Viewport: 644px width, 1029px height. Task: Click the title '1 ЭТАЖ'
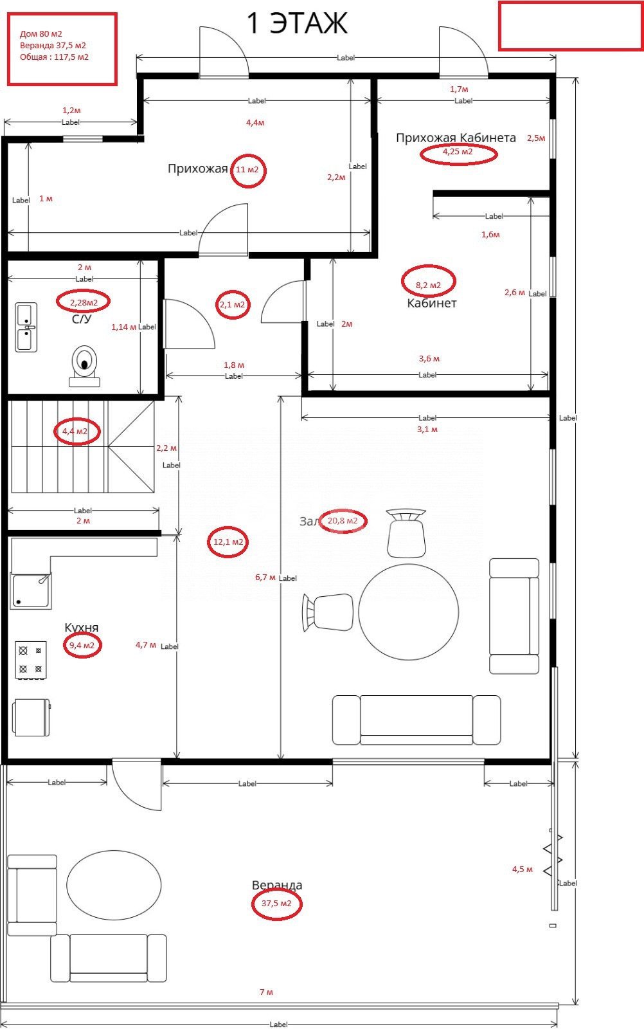[298, 23]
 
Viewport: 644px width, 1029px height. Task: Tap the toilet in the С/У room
[84, 366]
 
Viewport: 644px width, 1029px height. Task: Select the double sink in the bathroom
[26, 327]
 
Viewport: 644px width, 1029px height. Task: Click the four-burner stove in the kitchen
[31, 660]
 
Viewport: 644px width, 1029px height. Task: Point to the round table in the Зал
[409, 612]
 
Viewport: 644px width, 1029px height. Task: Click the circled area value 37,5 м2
[276, 903]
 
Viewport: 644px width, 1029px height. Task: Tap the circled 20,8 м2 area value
[343, 521]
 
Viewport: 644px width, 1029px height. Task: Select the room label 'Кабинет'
[432, 303]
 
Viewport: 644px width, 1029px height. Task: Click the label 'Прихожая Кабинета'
[456, 138]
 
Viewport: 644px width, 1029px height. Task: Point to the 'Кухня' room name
[81, 628]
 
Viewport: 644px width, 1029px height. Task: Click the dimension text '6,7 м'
[265, 578]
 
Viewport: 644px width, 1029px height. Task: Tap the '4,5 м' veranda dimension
[523, 869]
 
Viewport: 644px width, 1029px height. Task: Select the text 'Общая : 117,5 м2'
[54, 57]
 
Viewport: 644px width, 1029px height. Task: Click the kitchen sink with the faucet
[31, 590]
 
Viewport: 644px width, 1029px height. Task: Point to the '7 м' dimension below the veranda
[266, 992]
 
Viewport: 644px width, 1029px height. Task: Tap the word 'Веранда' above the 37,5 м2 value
[277, 885]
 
